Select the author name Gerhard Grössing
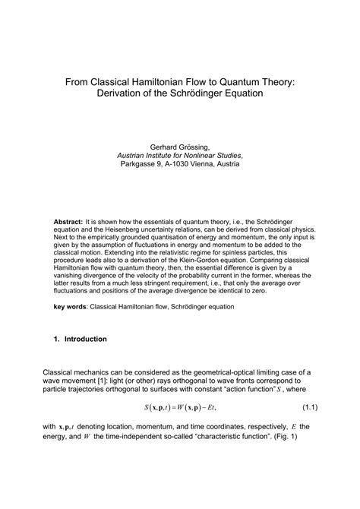tap(179, 141)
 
